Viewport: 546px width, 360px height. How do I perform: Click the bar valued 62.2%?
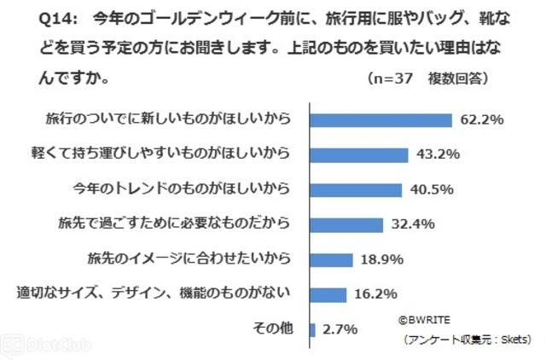380,119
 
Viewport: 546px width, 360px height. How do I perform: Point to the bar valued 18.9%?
331,259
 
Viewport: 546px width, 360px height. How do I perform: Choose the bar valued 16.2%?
328,294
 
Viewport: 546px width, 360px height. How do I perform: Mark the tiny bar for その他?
313,329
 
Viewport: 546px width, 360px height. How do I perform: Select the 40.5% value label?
429,189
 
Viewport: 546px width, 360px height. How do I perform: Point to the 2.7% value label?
340,329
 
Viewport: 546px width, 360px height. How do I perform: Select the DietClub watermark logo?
35,345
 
